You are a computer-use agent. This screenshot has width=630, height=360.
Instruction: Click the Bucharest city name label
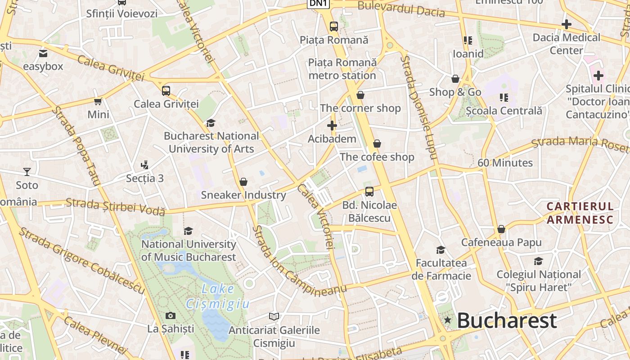(x=507, y=321)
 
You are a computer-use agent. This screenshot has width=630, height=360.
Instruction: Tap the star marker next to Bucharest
(x=448, y=320)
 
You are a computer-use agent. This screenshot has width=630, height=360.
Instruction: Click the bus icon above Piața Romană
(x=333, y=26)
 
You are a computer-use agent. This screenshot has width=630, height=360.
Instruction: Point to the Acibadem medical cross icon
(x=332, y=126)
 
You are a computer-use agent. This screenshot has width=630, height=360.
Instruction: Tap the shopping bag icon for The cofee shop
(x=377, y=144)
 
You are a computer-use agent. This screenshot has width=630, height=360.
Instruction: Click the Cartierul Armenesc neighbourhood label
(x=580, y=213)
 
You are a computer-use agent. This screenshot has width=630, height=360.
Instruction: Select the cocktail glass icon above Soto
(x=27, y=171)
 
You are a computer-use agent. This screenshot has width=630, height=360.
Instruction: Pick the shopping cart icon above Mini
(x=98, y=101)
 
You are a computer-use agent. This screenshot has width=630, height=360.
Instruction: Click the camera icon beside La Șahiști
(x=171, y=315)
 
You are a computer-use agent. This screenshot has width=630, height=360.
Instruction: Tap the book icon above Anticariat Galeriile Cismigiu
(x=274, y=316)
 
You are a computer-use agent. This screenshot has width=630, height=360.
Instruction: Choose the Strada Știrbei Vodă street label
(x=115, y=206)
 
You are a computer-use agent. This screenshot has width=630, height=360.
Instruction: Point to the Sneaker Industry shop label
(x=243, y=195)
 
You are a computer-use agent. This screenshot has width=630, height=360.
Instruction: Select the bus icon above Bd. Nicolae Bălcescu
(x=369, y=192)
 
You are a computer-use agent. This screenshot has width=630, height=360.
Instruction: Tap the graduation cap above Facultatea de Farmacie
(x=441, y=250)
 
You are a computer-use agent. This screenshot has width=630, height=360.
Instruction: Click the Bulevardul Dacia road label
(x=401, y=9)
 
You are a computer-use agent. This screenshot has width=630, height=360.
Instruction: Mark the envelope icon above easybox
(x=43, y=54)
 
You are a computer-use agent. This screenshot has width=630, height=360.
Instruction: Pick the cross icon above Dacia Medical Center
(x=567, y=24)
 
